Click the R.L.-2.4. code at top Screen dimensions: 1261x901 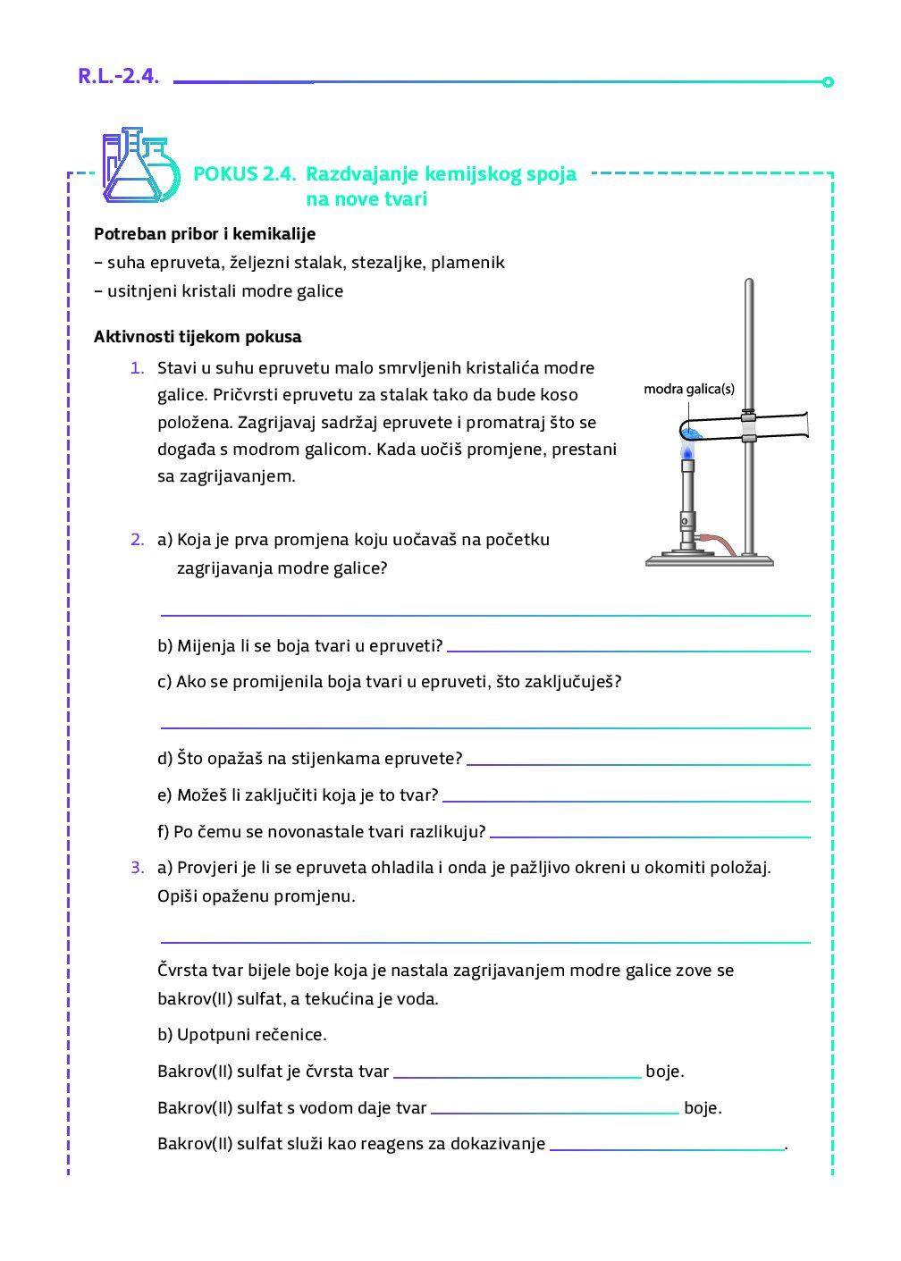118,77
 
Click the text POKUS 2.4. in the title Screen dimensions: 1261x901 244,174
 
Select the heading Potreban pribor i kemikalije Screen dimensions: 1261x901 205,234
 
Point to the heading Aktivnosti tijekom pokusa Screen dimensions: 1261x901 198,337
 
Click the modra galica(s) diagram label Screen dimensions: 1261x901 689,389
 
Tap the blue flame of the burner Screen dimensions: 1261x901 687,451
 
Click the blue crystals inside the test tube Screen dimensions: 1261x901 692,433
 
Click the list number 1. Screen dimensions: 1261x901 137,368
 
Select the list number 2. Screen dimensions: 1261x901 137,540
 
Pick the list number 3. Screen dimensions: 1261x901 137,868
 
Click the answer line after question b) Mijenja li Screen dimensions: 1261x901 627,651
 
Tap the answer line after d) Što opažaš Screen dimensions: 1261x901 637,764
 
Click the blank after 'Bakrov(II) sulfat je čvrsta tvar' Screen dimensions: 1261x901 517,1077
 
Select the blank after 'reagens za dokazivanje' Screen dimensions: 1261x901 667,1149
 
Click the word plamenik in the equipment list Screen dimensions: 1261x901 467,263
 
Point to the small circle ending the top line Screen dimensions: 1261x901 828,82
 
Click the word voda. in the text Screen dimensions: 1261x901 417,999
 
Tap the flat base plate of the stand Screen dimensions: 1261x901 709,561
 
